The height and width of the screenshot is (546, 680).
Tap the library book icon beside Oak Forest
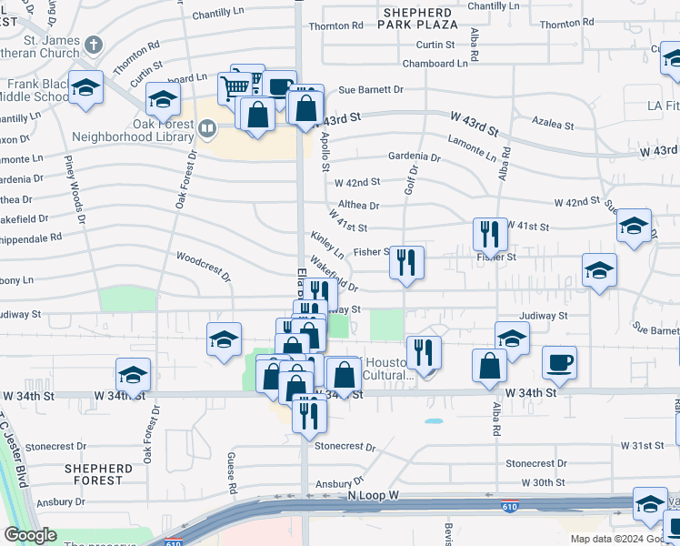click(206, 131)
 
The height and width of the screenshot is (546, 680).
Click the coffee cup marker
click(559, 362)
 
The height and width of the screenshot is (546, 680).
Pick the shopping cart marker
click(235, 87)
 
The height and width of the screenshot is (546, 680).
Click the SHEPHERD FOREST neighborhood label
click(93, 473)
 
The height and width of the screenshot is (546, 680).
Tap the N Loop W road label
click(374, 494)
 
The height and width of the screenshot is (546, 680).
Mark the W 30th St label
click(544, 482)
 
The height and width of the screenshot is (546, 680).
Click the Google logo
click(31, 535)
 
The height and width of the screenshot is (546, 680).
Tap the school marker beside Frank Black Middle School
click(85, 89)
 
